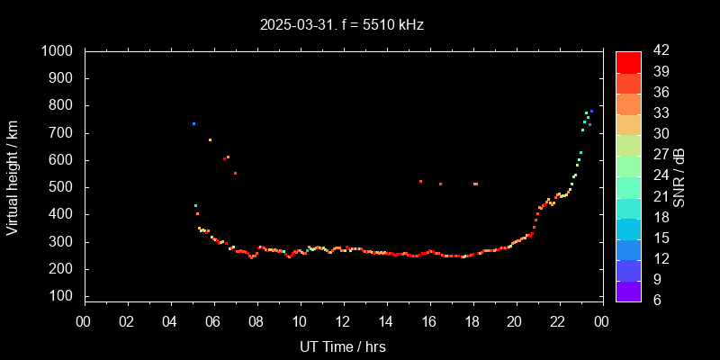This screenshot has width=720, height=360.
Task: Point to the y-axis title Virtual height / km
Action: click(13, 176)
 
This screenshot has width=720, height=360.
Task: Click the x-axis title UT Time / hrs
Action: click(342, 346)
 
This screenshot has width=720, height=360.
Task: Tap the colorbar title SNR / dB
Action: click(679, 176)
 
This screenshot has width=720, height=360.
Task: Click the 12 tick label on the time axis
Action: click(343, 321)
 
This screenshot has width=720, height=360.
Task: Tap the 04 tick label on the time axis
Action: click(170, 321)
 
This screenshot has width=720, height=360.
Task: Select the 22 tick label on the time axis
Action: click(558, 321)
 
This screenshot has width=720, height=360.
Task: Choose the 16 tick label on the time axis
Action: click(428, 321)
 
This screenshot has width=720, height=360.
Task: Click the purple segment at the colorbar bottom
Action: click(628, 291)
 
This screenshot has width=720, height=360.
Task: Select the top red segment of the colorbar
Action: click(628, 61)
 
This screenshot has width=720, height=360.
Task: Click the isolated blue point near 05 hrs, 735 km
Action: click(193, 123)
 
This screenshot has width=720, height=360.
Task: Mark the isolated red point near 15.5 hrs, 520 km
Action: click(420, 181)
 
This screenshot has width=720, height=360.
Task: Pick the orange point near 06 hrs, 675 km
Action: click(210, 139)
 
